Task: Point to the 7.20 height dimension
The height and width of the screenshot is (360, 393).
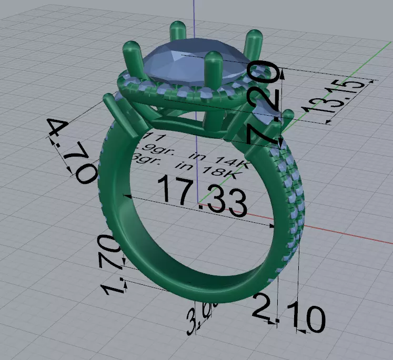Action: tap(264, 102)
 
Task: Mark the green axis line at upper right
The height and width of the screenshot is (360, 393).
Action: tap(368, 58)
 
